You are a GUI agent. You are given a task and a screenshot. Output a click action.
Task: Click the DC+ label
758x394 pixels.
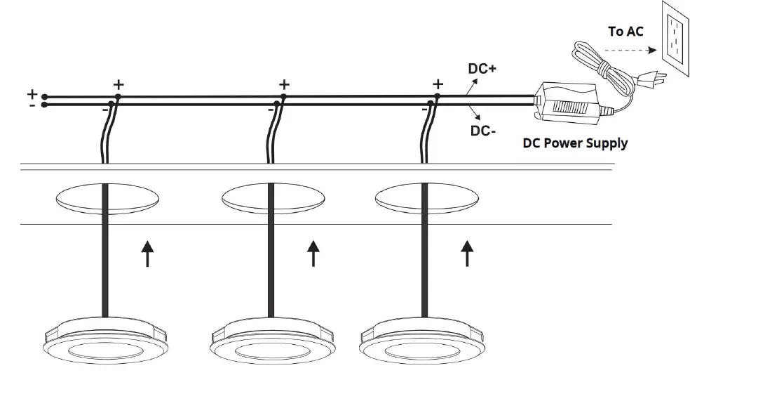[x=482, y=69]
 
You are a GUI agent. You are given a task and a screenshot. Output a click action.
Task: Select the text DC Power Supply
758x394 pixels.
[x=575, y=143]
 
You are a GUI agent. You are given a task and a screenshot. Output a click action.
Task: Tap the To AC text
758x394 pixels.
[x=625, y=31]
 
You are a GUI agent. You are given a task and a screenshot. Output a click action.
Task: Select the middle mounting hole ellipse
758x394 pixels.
[x=271, y=199]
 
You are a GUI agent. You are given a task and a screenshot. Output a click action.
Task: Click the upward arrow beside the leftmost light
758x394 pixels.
[x=147, y=254]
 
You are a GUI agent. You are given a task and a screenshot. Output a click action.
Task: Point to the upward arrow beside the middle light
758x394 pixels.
[x=313, y=254]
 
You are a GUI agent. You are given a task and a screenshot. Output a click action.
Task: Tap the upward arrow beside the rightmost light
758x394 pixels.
[x=466, y=254]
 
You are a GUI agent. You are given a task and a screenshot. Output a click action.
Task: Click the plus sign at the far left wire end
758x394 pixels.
[x=32, y=93]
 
